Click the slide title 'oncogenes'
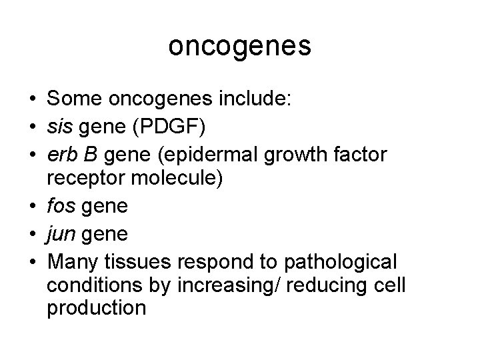pyautogui.click(x=239, y=47)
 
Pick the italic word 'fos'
pyautogui.click(x=60, y=207)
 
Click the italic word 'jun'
pyautogui.click(x=60, y=234)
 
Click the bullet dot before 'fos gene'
pyautogui.click(x=33, y=207)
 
